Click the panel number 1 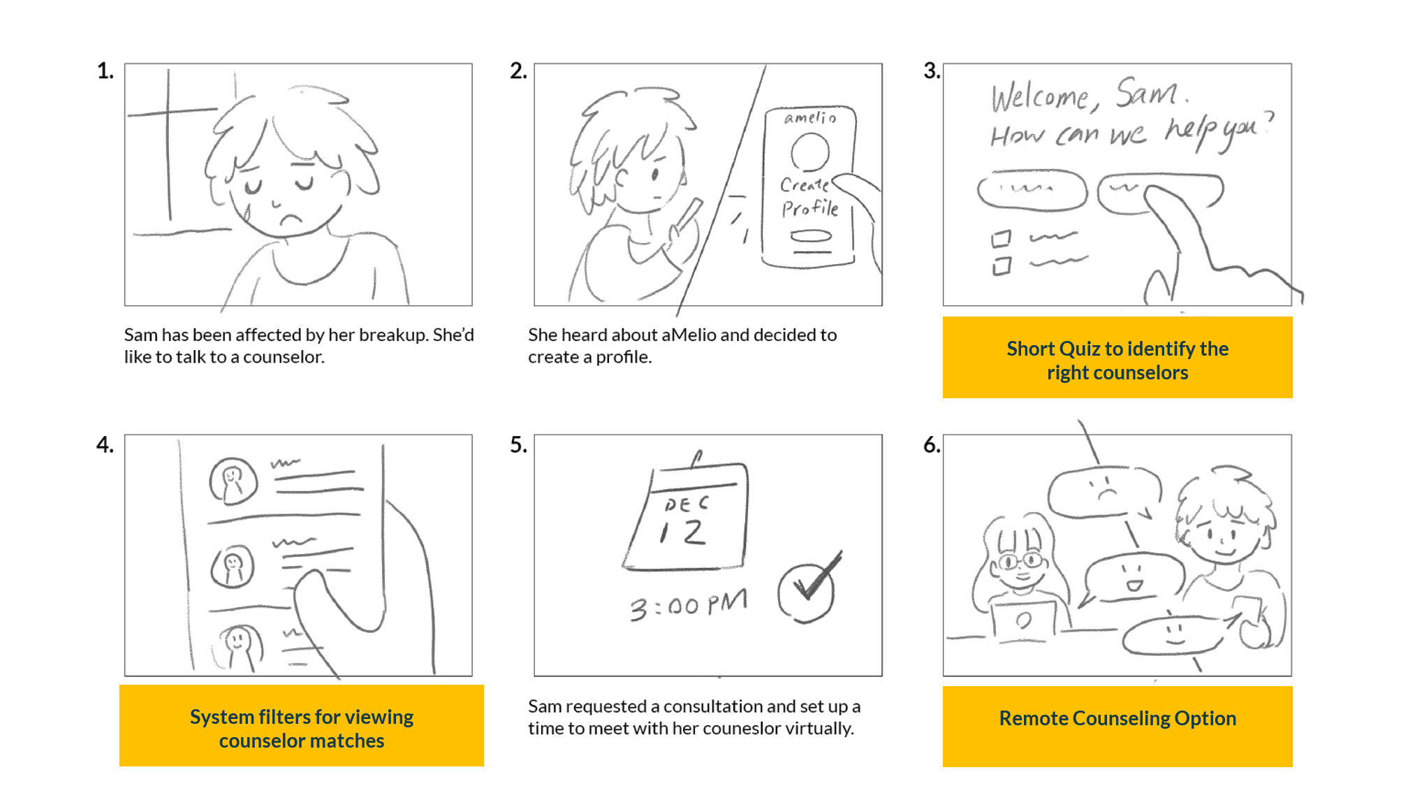point(105,71)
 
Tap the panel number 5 point(518,444)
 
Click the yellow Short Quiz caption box point(1117,357)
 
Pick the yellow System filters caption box point(302,725)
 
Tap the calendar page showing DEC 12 point(686,516)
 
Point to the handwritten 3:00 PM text point(689,604)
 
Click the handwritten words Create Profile point(809,196)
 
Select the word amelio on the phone point(810,118)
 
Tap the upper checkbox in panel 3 point(1002,239)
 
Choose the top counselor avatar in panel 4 point(233,481)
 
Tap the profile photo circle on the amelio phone point(810,152)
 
